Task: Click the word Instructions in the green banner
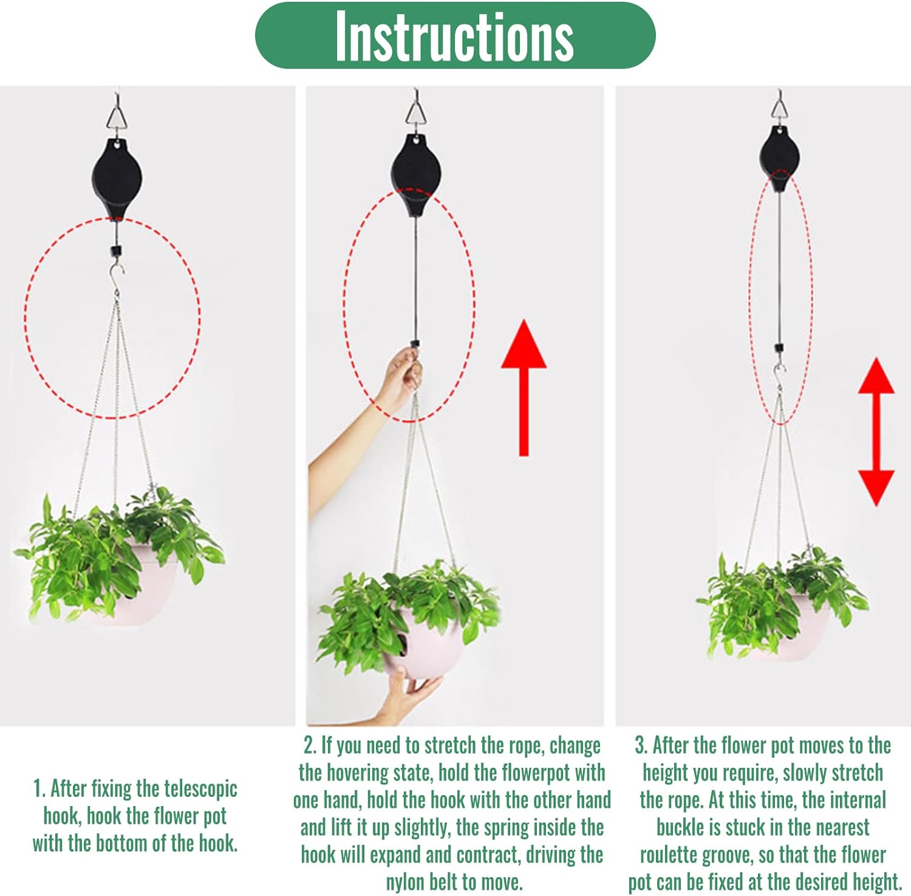(x=454, y=36)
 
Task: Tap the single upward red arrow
(x=524, y=388)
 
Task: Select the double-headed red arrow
(x=876, y=432)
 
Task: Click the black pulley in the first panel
(x=117, y=178)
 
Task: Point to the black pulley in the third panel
(x=779, y=159)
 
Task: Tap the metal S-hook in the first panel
(x=115, y=277)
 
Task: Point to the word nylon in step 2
(x=409, y=882)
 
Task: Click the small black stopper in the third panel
(x=779, y=349)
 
